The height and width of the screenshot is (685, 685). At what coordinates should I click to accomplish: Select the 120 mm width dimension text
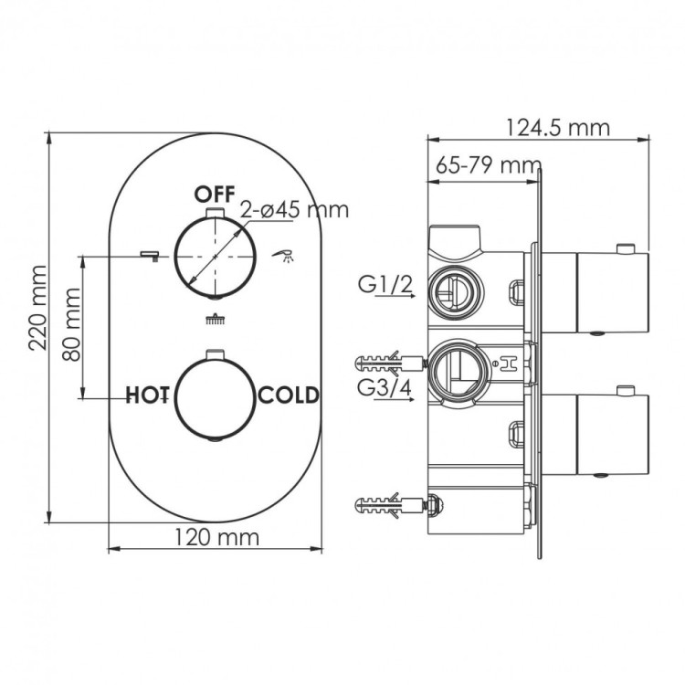[x=215, y=537]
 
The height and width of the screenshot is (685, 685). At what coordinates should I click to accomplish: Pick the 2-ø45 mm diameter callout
[x=294, y=209]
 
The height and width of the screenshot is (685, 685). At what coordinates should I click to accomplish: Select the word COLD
[x=289, y=395]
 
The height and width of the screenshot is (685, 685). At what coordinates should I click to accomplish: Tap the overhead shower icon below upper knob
[x=215, y=320]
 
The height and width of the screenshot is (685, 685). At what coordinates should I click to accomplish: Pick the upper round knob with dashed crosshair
[x=215, y=258]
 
